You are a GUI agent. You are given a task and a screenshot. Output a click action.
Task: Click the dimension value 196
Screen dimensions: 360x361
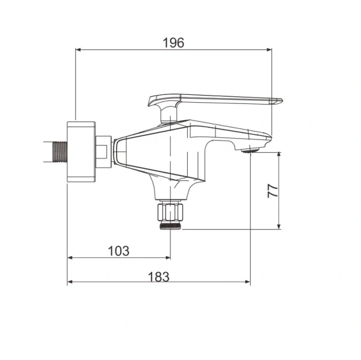point(174,43)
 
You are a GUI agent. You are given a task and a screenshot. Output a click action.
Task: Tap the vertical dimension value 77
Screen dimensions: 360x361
point(273,191)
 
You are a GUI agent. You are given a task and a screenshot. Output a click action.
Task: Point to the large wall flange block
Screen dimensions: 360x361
point(81,151)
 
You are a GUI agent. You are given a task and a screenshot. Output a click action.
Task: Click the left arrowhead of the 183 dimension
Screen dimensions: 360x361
point(70,282)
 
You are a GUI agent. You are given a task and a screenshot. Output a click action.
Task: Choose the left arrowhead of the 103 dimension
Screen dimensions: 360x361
point(70,258)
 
